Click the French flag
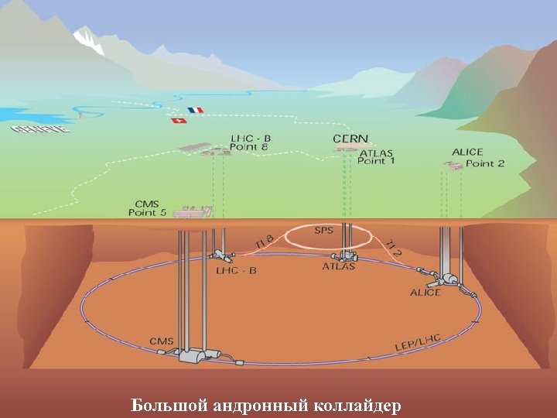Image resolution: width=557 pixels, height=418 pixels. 194,111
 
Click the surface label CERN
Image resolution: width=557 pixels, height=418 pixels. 350,139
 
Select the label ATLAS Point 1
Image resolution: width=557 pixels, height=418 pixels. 377,157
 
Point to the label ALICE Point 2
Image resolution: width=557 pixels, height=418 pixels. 477,158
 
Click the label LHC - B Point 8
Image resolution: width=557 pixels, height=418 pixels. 250,142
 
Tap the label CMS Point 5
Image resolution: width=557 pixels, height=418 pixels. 147,207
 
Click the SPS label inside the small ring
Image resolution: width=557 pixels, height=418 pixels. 323,231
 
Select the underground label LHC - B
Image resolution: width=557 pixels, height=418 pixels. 237,270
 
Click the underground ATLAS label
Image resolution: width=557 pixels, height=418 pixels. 339,267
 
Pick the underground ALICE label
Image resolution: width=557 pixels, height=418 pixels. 425,293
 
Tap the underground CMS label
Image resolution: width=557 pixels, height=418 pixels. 162,341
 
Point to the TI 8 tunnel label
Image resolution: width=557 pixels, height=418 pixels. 265,242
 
